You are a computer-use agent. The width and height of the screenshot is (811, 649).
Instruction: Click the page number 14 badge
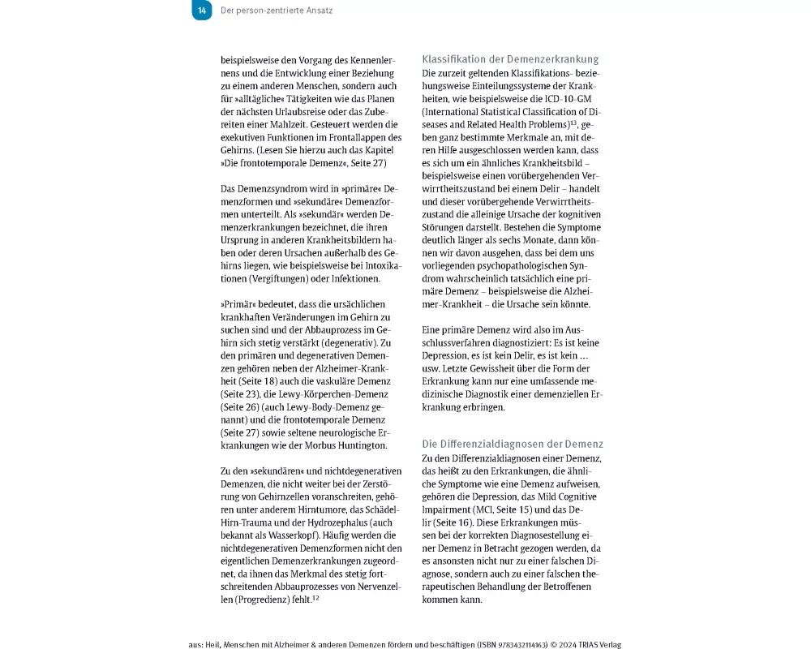point(202,11)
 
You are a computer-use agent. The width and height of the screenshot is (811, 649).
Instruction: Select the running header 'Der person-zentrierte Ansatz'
point(276,11)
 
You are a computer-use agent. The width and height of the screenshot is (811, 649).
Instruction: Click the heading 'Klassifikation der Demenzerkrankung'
point(511,59)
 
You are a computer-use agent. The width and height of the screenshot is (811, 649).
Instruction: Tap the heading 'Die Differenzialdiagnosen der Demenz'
point(513,444)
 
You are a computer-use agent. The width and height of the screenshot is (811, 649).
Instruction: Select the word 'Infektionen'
point(350,278)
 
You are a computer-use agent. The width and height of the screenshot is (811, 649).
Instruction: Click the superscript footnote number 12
point(316,598)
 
